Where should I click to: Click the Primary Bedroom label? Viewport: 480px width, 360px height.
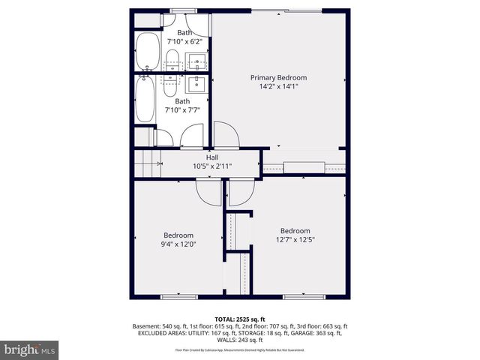tap(278, 77)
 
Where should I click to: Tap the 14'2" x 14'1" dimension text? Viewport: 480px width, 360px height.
tap(278, 87)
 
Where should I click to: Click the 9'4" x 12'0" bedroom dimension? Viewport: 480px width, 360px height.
tap(178, 244)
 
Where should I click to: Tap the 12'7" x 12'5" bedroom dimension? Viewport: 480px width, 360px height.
tap(295, 240)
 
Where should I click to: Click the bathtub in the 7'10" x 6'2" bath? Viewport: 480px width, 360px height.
tap(146, 52)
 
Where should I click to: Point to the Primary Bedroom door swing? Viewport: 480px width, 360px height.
tap(226, 135)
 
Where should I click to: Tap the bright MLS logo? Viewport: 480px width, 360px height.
tap(30, 349)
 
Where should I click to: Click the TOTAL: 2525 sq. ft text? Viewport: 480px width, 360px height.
tap(240, 319)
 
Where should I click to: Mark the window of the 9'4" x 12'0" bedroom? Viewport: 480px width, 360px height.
tap(178, 297)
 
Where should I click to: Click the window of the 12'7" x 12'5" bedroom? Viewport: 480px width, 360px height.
tap(304, 297)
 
